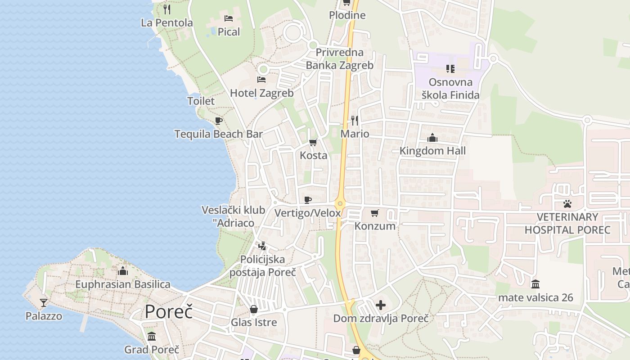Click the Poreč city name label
pos(169,312)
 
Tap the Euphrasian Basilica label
pos(123,284)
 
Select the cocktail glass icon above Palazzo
pos(44,302)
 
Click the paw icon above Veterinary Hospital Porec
pos(567,204)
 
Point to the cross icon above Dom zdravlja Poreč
pos(381,305)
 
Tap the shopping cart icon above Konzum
pos(375,213)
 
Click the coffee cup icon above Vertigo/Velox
pos(308,200)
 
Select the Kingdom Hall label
pos(432,151)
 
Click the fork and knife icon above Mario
pos(355,121)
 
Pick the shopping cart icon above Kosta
pos(313,143)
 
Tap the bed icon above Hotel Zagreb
pos(261,80)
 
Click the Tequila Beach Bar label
pos(219,134)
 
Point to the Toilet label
pos(201,101)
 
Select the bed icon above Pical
pos(229,18)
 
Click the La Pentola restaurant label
pos(166,23)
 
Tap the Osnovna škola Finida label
pos(450,89)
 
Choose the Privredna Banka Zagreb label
pos(340,59)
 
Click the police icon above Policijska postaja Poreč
pos(262,246)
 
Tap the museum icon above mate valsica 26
pos(535,284)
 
